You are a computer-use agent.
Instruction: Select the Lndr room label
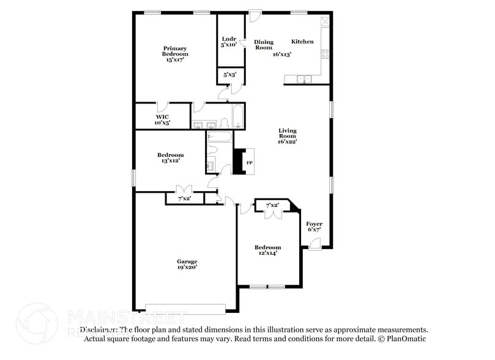tap(228, 39)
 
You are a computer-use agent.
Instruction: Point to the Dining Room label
tap(264, 45)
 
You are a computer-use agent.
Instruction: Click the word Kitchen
tap(302, 42)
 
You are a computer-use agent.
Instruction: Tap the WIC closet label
tap(162, 116)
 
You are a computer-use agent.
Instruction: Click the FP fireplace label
tap(249, 163)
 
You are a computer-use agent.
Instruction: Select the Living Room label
tap(288, 134)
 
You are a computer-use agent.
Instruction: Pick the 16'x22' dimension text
tap(288, 141)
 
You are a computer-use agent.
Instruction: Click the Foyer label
tap(314, 224)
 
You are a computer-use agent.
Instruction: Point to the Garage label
tap(187, 261)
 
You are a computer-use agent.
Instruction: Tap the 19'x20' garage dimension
tap(187, 268)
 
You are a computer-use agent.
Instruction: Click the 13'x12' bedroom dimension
tap(171, 162)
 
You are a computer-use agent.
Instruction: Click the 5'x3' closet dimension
tap(230, 75)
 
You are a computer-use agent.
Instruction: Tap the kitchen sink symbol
tap(303, 79)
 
